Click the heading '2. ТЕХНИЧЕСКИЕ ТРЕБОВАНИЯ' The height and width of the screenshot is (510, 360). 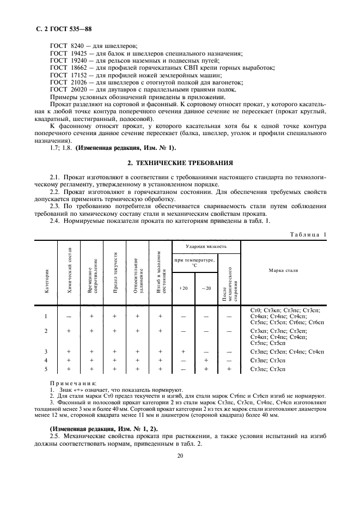180,162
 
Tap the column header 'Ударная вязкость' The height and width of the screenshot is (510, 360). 206,246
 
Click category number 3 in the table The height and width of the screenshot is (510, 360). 46,351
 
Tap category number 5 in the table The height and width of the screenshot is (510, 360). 46,369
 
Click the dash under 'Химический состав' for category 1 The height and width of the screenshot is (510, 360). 69,316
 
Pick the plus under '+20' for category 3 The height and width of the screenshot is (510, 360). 183,351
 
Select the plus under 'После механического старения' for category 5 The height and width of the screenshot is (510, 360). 229,369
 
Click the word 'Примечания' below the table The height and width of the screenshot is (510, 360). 72,384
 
